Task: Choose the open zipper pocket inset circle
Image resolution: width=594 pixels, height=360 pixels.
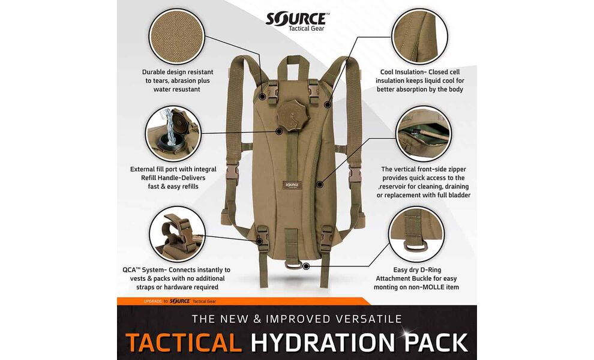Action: [x=424, y=133]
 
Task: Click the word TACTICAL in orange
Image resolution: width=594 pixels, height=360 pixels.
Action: [x=183, y=343]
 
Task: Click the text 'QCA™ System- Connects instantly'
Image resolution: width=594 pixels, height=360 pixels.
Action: [x=176, y=270]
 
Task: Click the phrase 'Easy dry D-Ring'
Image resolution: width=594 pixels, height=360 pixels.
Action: [x=417, y=270]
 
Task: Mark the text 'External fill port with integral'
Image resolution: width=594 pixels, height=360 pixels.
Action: [x=173, y=169]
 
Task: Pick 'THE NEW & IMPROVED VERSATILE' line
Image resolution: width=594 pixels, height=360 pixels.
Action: [x=296, y=319]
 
